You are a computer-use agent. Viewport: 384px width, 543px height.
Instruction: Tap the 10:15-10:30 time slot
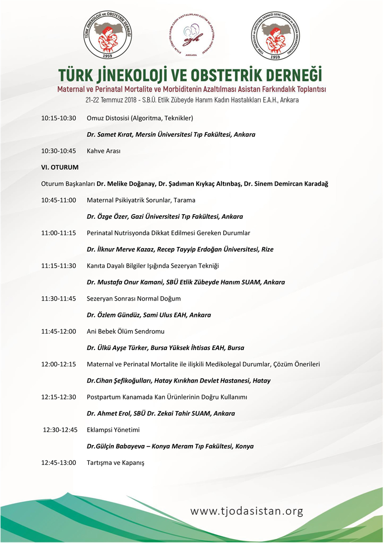tap(59, 118)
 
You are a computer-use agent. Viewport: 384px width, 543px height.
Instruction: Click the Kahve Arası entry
tap(103, 151)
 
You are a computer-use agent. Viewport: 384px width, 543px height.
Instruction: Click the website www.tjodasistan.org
tap(247, 511)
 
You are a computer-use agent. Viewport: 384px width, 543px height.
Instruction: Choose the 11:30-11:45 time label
tap(59, 299)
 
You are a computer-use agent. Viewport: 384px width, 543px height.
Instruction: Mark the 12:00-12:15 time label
tap(59, 364)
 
